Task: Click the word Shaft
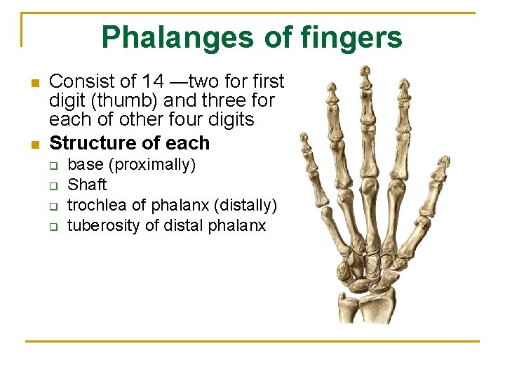[87, 185]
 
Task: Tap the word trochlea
[95, 206]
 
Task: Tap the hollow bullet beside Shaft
[52, 186]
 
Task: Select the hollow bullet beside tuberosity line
[52, 227]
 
